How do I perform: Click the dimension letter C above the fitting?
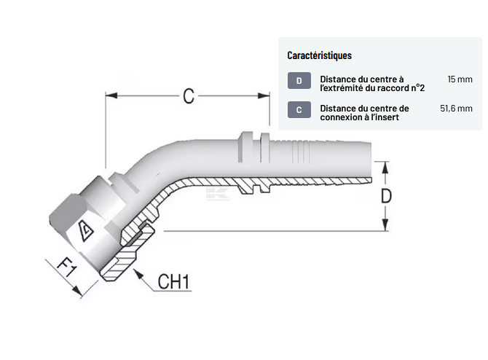(188, 95)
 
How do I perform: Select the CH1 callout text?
(173, 281)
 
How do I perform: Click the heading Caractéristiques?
(320, 55)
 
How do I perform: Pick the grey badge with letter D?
(299, 82)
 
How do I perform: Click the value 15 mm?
(460, 78)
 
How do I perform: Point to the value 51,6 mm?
(456, 108)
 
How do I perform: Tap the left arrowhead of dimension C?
(111, 95)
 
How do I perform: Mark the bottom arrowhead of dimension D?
(386, 227)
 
